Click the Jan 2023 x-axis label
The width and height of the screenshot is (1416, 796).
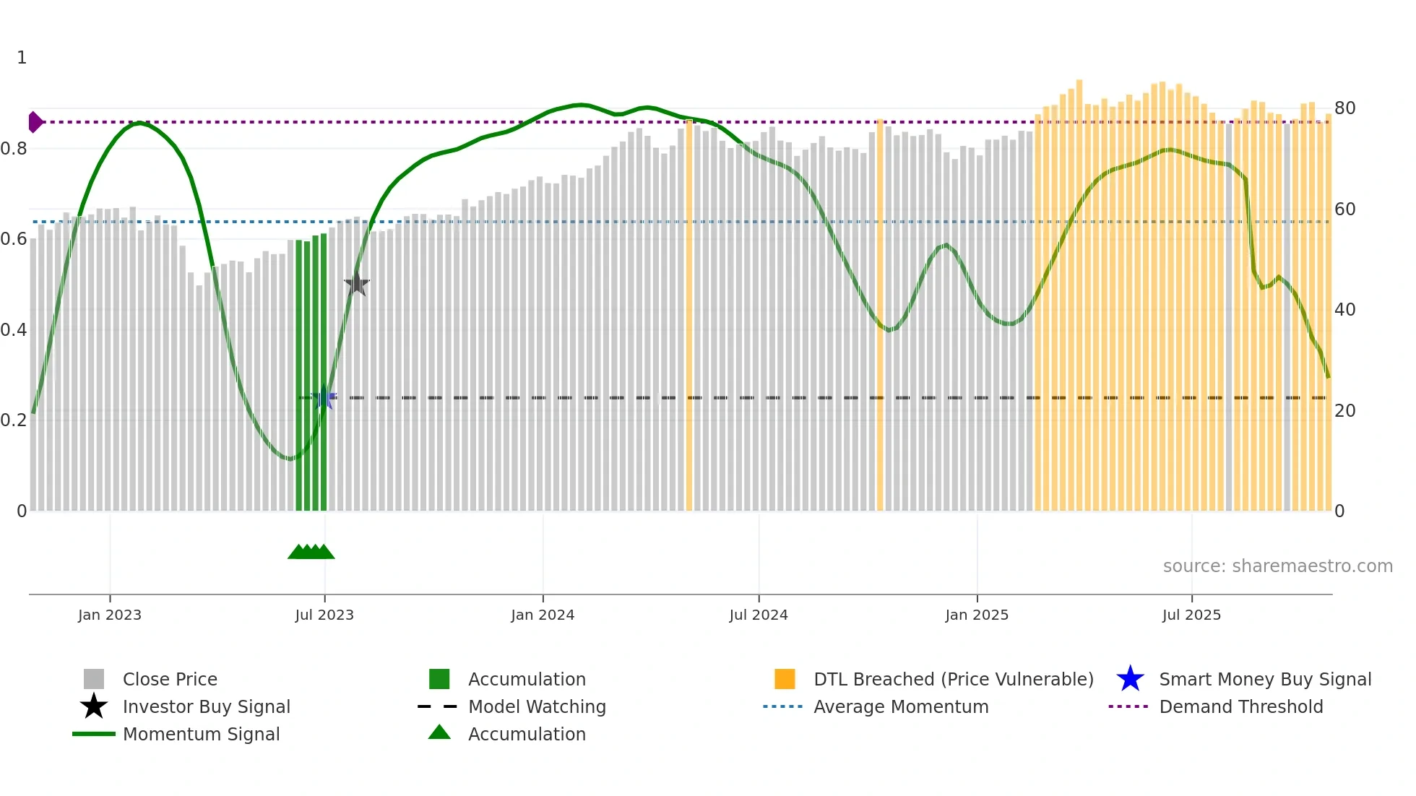[x=110, y=615]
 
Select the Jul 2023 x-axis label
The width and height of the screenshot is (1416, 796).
[x=324, y=615]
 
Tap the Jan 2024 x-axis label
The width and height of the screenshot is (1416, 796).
[x=543, y=615]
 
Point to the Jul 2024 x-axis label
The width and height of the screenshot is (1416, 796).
[x=759, y=615]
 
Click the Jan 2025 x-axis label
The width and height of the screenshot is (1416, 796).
[x=977, y=615]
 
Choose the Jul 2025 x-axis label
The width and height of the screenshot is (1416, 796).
[x=1191, y=615]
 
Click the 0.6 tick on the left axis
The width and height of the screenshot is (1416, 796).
[x=14, y=239]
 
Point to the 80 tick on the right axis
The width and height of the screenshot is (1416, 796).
[x=1345, y=108]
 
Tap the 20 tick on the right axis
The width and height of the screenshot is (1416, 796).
[x=1345, y=411]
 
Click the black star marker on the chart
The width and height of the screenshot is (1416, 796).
[x=356, y=284]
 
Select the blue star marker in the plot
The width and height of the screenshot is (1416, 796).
[x=324, y=398]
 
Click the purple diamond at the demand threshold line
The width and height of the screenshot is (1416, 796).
[x=35, y=122]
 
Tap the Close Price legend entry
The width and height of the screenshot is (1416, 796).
[x=170, y=679]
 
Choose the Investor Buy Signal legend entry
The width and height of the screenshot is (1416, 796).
[x=206, y=706]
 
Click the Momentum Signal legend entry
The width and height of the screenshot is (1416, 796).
[x=201, y=734]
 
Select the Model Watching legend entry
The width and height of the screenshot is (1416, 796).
[x=537, y=706]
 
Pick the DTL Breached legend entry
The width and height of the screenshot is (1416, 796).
[x=953, y=679]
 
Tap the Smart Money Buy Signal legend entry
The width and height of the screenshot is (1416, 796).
[x=1264, y=679]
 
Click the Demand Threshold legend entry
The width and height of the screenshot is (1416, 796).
[x=1240, y=706]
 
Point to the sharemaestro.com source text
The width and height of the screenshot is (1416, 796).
[x=1277, y=566]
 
